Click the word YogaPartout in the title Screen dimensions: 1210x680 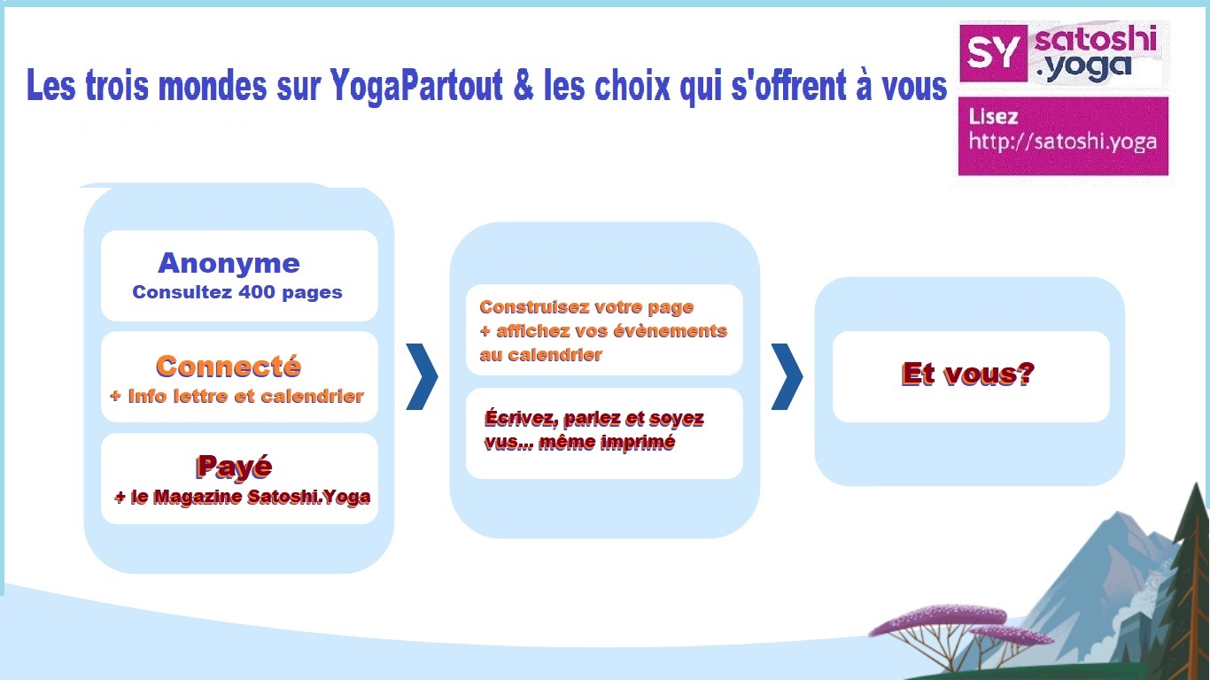416,85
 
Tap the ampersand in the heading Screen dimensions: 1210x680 523,85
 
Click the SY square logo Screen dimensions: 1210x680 993,53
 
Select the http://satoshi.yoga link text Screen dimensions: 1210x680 1063,142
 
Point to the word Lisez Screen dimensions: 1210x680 993,117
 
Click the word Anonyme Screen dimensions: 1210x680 229,264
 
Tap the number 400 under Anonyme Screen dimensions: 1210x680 257,292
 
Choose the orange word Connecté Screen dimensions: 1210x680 229,367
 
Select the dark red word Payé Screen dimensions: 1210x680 234,467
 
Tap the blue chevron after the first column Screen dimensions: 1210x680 422,376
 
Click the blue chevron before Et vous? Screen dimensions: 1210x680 787,376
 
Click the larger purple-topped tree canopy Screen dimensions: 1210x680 938,619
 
